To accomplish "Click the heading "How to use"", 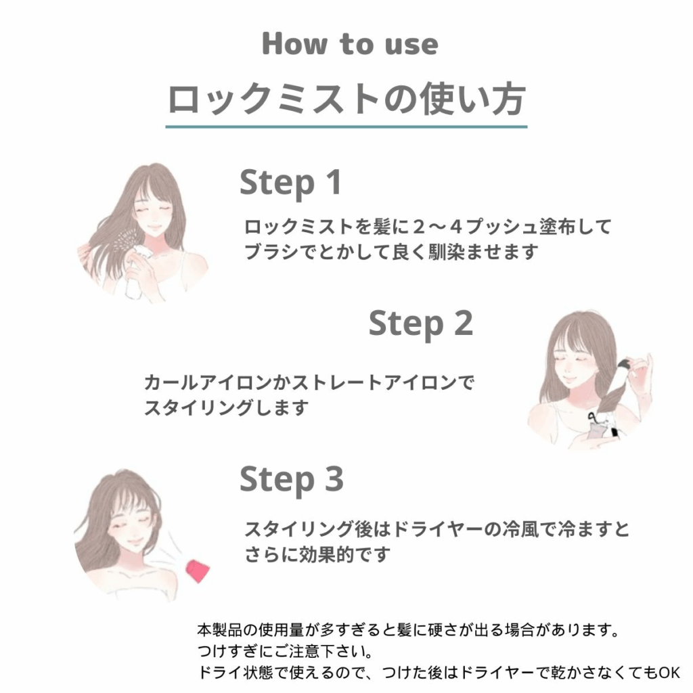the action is [x=350, y=44].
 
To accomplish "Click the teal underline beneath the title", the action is [x=346, y=127].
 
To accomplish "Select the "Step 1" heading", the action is [x=290, y=183].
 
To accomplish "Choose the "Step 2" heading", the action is [x=421, y=324].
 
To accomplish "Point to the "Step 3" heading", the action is [x=291, y=480].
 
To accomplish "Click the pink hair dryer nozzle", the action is [x=198, y=571].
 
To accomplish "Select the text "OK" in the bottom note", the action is [x=669, y=673].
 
